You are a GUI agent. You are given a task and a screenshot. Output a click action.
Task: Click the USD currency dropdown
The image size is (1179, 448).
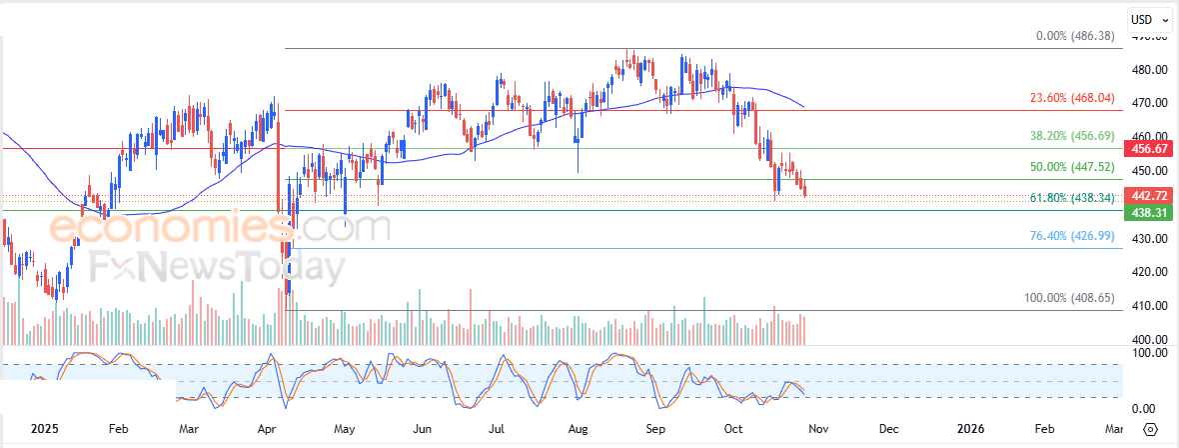pyautogui.click(x=1149, y=19)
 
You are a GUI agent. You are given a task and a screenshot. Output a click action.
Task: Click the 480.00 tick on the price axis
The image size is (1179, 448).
pyautogui.click(x=1150, y=70)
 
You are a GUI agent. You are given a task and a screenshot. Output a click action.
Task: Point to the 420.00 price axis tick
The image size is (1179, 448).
pyautogui.click(x=1150, y=271)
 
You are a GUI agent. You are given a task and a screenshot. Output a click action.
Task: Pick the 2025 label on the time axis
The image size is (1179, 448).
pyautogui.click(x=44, y=428)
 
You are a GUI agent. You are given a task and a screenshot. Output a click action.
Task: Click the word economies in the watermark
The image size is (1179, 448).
pyautogui.click(x=165, y=229)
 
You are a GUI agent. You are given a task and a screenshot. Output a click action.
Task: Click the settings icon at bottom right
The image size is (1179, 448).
pyautogui.click(x=1151, y=428)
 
